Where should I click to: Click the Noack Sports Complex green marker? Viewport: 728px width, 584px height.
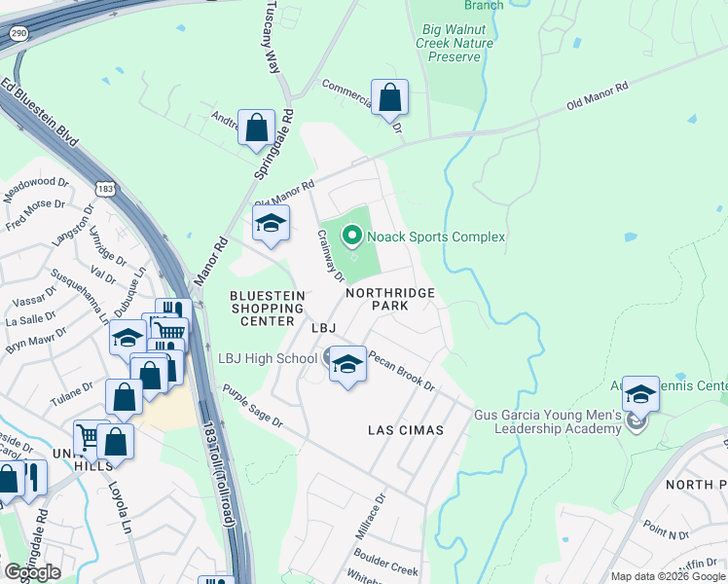point(350,236)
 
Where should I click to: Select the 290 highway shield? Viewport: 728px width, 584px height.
point(18,33)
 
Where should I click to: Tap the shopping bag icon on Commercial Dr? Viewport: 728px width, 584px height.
point(389,98)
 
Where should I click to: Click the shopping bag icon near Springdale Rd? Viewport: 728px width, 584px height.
point(256,128)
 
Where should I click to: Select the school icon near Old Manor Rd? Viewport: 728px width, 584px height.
point(272,223)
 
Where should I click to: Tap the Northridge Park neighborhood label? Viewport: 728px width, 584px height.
point(388,298)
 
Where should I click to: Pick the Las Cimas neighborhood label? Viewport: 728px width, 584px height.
point(405,429)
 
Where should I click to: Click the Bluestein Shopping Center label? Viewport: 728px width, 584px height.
point(267,308)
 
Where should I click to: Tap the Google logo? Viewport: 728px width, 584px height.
point(31,571)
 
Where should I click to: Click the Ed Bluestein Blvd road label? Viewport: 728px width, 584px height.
point(41,115)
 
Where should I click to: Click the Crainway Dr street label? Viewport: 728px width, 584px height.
point(331,255)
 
